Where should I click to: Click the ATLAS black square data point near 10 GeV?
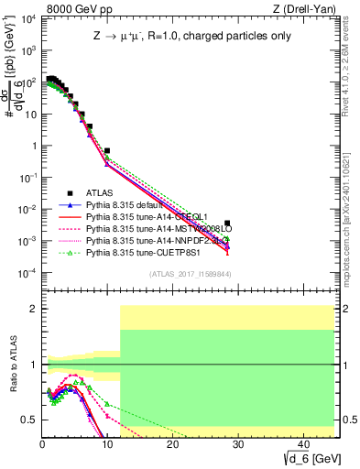[107, 150]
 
